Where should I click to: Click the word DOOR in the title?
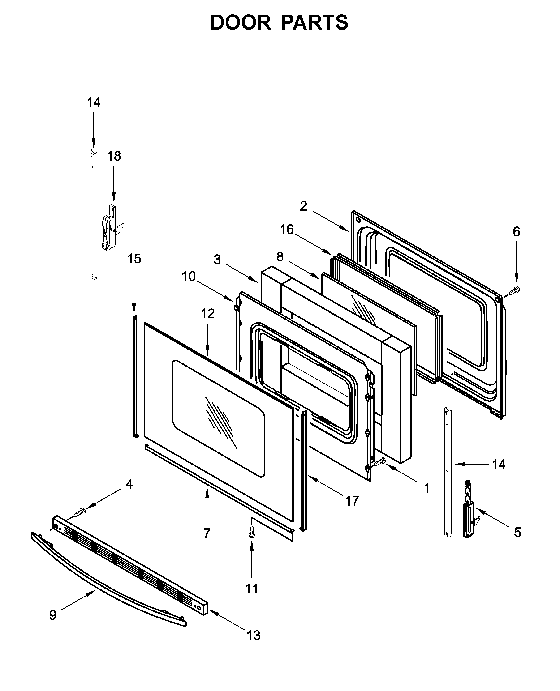(x=240, y=23)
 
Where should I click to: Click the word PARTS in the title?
(x=314, y=23)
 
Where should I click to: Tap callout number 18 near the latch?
(x=114, y=156)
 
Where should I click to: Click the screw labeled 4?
(x=79, y=512)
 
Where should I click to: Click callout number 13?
(x=254, y=636)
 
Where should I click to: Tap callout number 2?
(x=303, y=206)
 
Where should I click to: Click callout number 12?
(x=207, y=314)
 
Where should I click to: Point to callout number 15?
(x=134, y=259)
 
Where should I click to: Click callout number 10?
(x=189, y=276)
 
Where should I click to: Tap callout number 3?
(x=217, y=259)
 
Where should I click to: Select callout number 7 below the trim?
(x=207, y=533)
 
